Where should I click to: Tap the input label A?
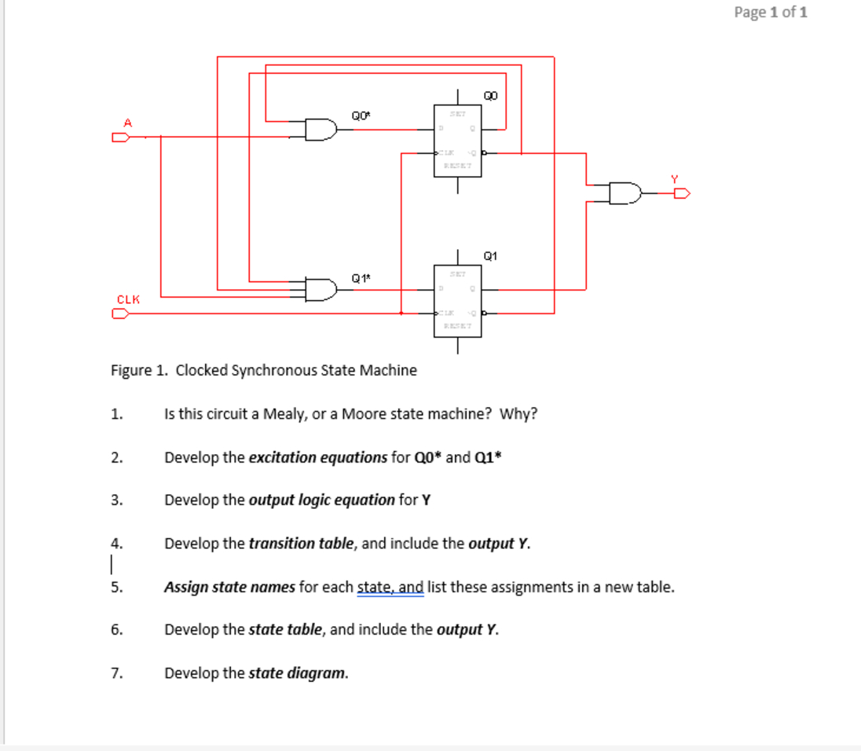point(127,122)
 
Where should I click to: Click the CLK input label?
point(128,299)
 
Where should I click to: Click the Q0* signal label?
point(361,116)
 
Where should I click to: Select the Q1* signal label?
point(361,277)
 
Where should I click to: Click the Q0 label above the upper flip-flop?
point(491,96)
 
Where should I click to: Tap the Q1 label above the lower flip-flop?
point(491,255)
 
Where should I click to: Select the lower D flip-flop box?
point(457,302)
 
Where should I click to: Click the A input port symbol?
point(119,137)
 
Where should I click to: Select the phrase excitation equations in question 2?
point(317,457)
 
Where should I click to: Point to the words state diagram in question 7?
point(297,673)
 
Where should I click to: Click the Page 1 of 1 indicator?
point(770,12)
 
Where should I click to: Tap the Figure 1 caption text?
point(263,370)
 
